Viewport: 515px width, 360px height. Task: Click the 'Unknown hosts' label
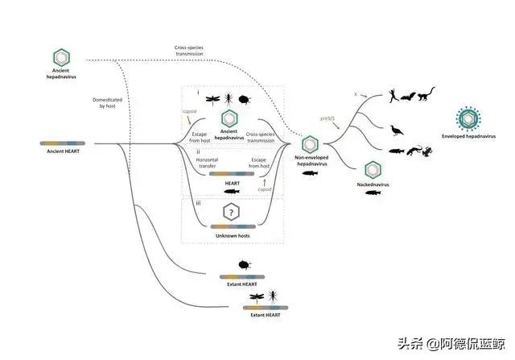[x=233, y=235]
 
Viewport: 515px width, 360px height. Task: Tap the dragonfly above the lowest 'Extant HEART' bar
[x=252, y=296]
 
